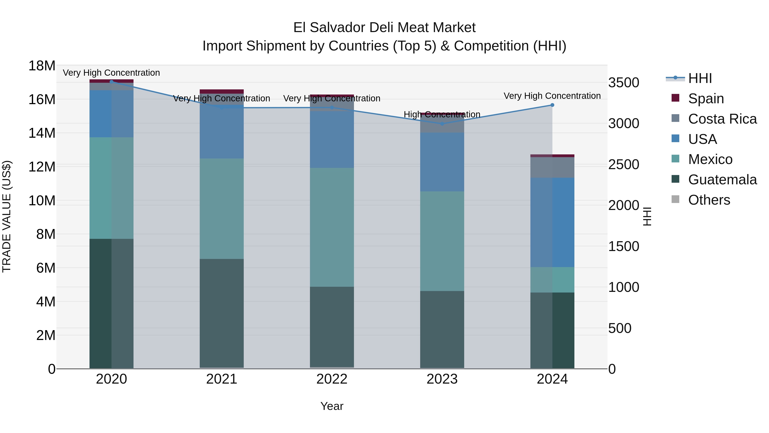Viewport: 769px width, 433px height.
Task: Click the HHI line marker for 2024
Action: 552,105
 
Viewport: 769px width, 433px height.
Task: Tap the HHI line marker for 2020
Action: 111,82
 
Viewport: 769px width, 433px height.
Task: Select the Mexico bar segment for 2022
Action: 332,227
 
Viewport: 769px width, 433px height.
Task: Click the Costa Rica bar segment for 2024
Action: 552,167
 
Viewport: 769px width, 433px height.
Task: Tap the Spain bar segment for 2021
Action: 222,92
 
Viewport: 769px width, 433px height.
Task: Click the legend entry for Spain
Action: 706,99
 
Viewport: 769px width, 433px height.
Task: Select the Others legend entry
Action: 709,200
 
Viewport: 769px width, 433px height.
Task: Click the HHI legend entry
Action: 700,78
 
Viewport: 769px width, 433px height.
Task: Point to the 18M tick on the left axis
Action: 42,66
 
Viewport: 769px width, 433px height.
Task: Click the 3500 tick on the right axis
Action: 623,83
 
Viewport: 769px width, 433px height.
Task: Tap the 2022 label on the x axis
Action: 332,379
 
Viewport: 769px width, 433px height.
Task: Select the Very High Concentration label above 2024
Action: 552,96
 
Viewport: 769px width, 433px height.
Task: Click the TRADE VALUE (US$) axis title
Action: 7,216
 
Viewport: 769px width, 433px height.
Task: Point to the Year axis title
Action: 332,406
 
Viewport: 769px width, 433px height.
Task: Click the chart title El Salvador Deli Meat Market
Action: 384,28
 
